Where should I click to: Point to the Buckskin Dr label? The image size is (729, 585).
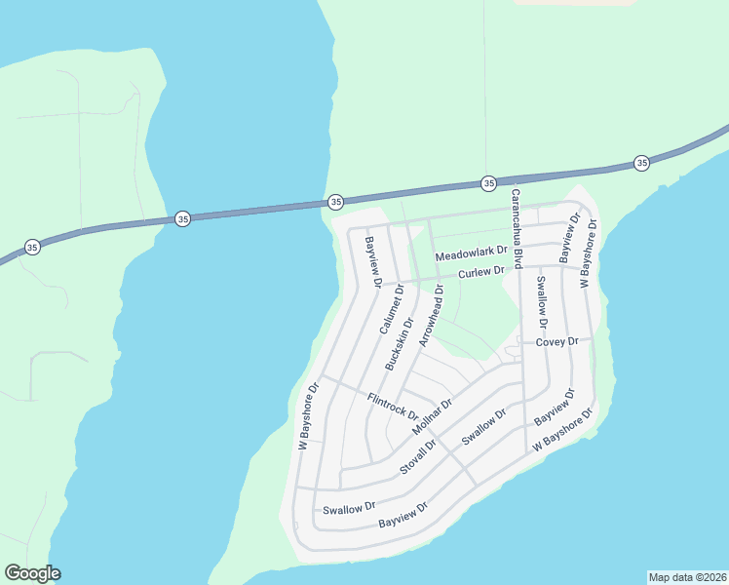tap(400, 343)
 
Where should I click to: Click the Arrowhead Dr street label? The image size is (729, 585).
tap(431, 316)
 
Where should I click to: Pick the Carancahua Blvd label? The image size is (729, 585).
tap(518, 228)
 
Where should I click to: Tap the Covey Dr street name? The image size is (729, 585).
tap(557, 341)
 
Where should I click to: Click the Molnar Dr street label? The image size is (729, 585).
tap(433, 416)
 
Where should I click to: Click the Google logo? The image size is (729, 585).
tap(32, 573)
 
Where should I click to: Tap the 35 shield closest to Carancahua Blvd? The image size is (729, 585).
tap(488, 183)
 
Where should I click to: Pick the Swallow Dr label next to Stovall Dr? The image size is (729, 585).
tap(484, 427)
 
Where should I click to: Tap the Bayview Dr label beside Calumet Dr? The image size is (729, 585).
tap(371, 262)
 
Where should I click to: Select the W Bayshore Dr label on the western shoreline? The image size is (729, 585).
tap(309, 415)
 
